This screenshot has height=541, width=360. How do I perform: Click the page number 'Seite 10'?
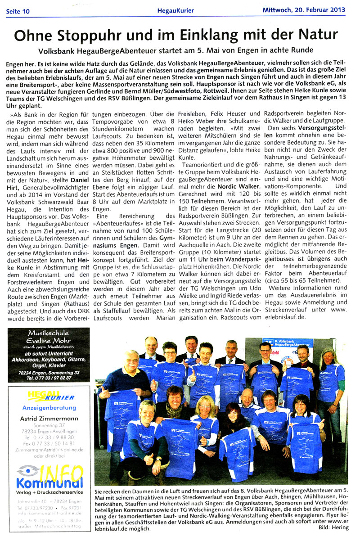click(18, 11)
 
